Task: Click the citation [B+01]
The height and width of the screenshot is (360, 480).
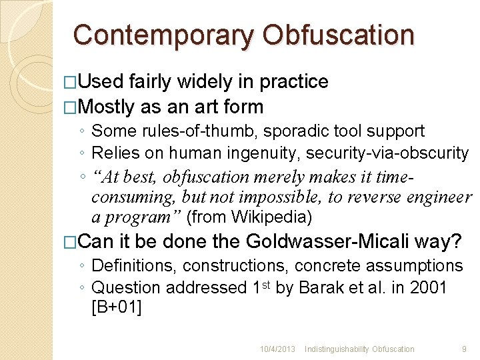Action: click(116, 308)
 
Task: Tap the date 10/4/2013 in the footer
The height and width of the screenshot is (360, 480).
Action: click(277, 349)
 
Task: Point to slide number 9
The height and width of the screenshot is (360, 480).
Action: click(463, 349)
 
